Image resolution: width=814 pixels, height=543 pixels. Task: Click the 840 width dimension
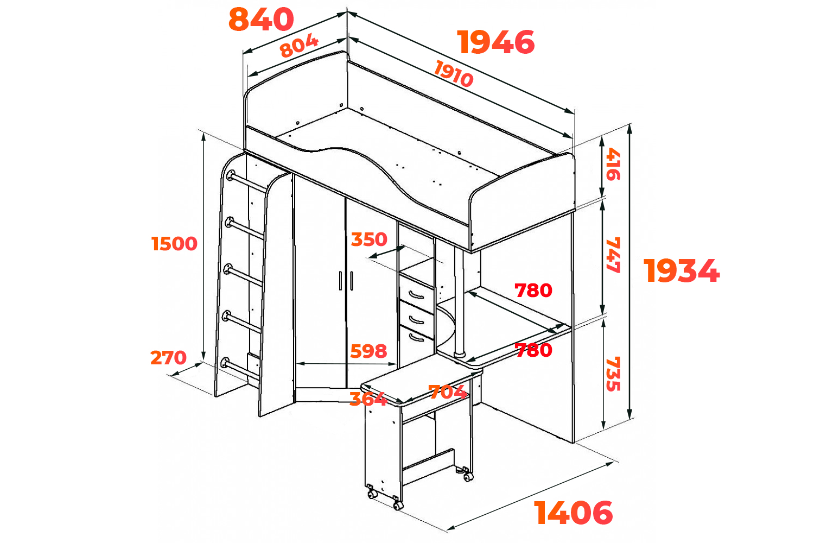click(261, 19)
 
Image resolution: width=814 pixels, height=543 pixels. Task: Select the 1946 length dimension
click(495, 42)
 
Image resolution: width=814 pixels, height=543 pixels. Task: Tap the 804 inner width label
click(300, 46)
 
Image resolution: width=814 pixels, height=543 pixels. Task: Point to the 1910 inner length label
click(454, 73)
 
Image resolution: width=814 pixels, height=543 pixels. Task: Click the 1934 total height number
click(682, 270)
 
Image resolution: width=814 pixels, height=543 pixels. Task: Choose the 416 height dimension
click(613, 163)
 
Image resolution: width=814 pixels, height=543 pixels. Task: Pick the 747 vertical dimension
click(613, 255)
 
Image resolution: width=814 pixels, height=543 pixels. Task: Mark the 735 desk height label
click(613, 374)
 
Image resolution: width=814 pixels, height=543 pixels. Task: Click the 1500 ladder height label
click(174, 244)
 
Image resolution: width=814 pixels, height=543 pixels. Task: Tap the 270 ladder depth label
click(168, 357)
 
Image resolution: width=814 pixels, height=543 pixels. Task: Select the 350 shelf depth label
click(369, 239)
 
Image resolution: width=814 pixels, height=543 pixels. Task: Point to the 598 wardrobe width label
click(368, 351)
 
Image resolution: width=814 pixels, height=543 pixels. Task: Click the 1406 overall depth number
click(573, 513)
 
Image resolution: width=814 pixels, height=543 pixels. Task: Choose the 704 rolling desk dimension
click(448, 392)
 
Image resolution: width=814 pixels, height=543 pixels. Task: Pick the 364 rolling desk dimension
click(368, 399)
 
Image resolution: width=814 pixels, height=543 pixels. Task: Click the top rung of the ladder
click(247, 182)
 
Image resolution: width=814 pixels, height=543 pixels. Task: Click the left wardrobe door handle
click(340, 280)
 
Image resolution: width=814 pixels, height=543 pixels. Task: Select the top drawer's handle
click(416, 295)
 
